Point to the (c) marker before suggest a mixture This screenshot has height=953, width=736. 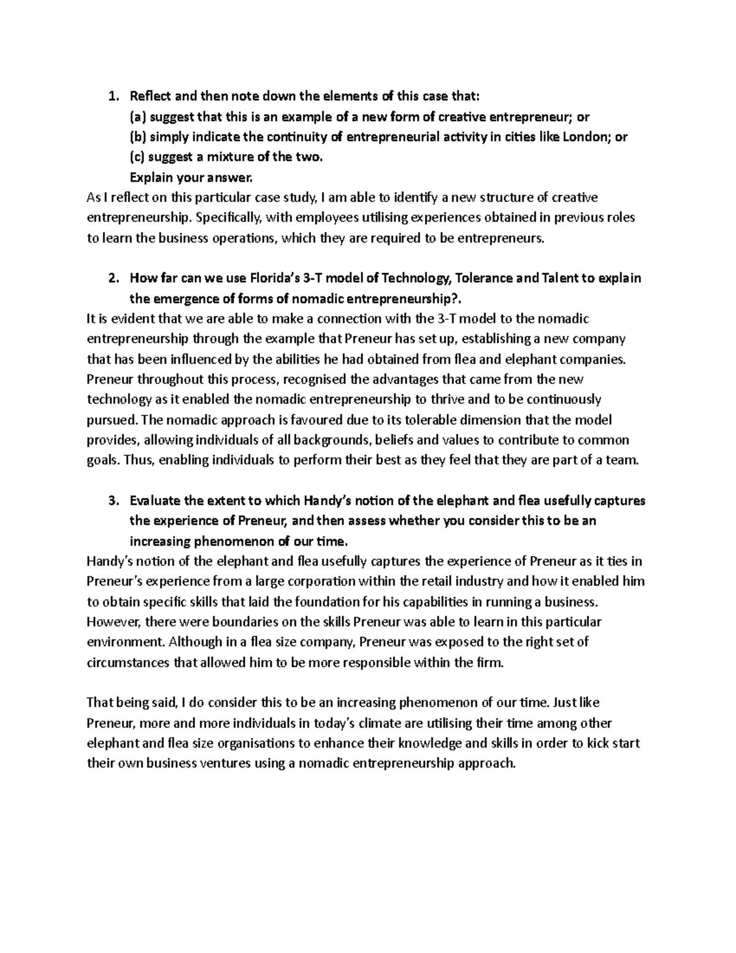click(137, 157)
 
